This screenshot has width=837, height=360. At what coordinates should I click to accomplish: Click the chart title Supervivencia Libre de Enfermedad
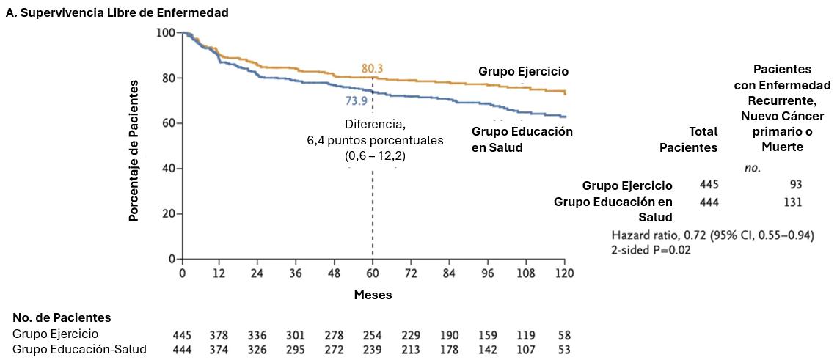point(117,12)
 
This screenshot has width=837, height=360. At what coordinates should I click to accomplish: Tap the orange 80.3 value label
point(372,69)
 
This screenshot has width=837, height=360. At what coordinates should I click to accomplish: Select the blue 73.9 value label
point(357,101)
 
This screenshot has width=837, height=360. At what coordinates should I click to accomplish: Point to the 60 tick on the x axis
point(373,273)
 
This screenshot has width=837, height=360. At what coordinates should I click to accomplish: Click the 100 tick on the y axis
point(166,33)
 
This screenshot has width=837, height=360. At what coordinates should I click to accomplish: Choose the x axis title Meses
point(373,295)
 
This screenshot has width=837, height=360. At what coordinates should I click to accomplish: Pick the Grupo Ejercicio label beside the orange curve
point(524,71)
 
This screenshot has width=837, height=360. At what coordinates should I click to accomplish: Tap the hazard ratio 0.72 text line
point(712,235)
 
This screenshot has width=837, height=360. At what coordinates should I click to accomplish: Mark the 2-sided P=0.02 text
point(651,249)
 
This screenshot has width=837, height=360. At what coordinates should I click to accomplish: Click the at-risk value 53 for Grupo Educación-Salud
point(563,349)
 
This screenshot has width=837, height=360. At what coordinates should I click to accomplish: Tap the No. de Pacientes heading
point(62,317)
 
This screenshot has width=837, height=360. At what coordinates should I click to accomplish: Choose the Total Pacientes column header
point(688,139)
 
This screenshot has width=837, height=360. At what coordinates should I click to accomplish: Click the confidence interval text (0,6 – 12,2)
point(374,155)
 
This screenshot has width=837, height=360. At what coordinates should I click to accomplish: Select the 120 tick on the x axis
point(563,273)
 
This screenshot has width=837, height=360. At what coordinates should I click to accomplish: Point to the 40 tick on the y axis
point(169,169)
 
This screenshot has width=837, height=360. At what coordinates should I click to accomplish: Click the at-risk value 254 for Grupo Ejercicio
point(373,335)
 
